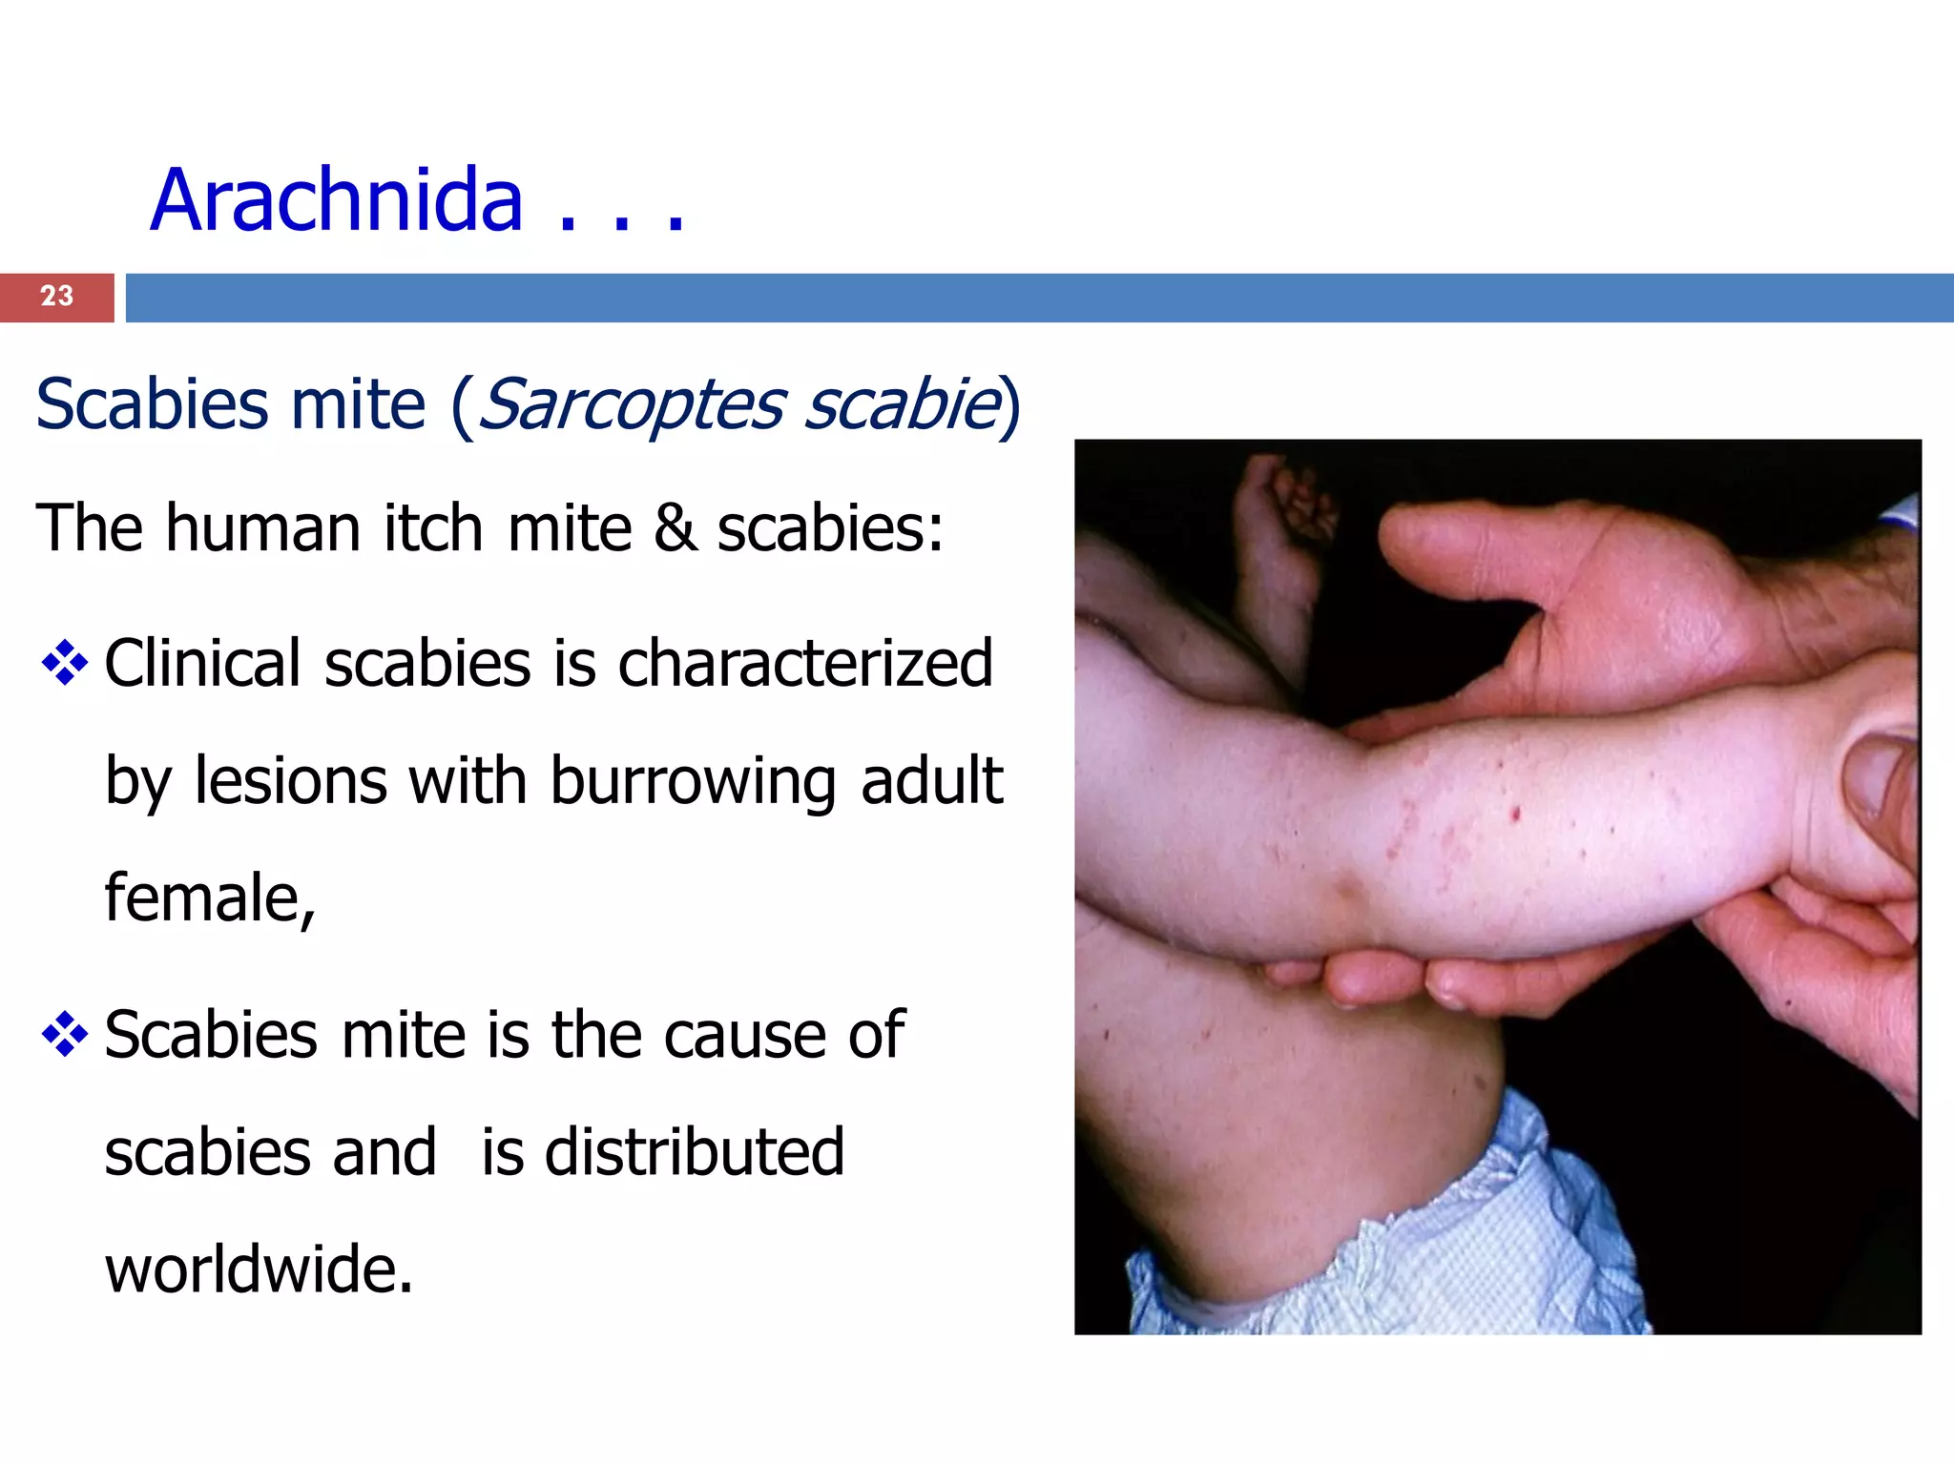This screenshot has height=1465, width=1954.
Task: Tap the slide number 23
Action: click(56, 297)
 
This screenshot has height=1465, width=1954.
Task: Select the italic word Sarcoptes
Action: click(630, 404)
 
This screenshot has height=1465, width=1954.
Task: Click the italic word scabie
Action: click(901, 404)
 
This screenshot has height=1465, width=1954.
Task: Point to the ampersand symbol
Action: click(675, 527)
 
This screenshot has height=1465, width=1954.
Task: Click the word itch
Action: click(433, 527)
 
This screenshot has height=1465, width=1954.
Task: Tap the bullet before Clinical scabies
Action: click(65, 663)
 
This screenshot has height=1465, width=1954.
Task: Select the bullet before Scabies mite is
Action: click(65, 1035)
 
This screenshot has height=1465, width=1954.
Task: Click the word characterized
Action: click(805, 663)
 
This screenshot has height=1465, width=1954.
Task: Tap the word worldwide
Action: click(258, 1269)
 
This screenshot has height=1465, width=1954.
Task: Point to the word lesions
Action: click(291, 781)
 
